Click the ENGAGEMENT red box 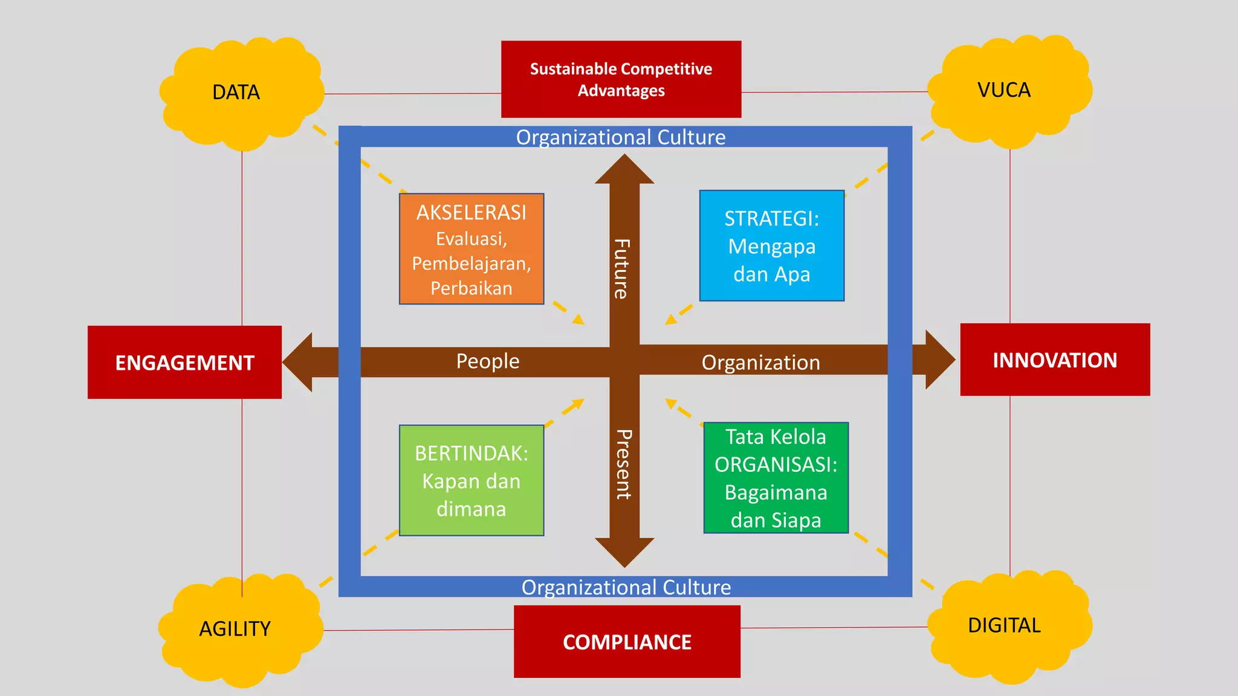(184, 362)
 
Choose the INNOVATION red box (1055, 360)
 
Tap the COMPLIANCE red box (627, 642)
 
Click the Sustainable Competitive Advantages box (621, 79)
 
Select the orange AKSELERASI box (472, 249)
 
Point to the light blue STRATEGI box (771, 246)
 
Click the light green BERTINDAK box (472, 480)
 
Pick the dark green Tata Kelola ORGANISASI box (776, 478)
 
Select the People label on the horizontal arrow (487, 361)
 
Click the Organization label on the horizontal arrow (760, 362)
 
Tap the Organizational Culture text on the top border (620, 137)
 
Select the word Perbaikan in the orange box (472, 288)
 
